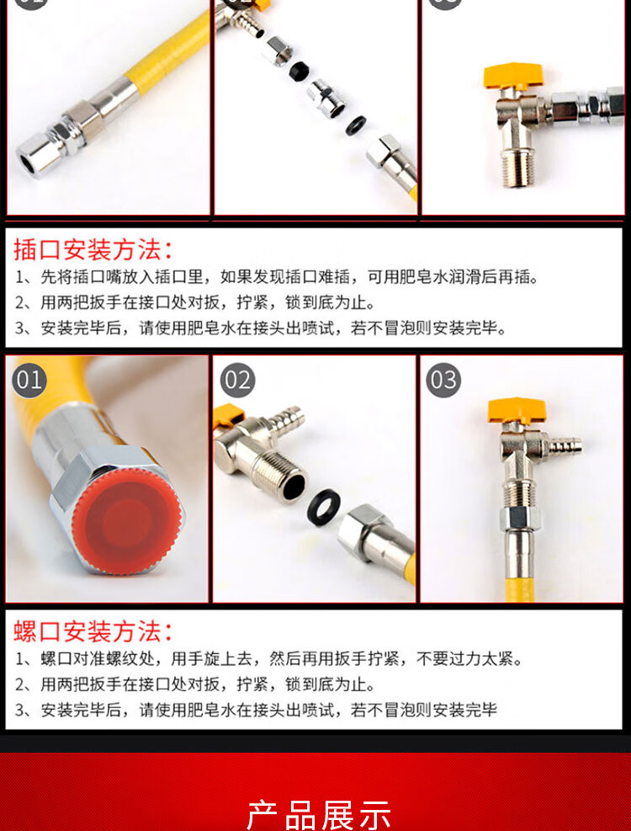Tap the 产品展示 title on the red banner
319,815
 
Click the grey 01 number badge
29,380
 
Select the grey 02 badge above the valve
237,380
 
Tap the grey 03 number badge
443,380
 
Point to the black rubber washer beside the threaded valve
324,507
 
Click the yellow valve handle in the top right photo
513,75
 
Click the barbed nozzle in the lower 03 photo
563,446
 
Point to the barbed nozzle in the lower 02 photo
287,420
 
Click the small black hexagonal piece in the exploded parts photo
300,71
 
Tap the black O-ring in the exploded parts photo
356,125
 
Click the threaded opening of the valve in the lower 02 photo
293,486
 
